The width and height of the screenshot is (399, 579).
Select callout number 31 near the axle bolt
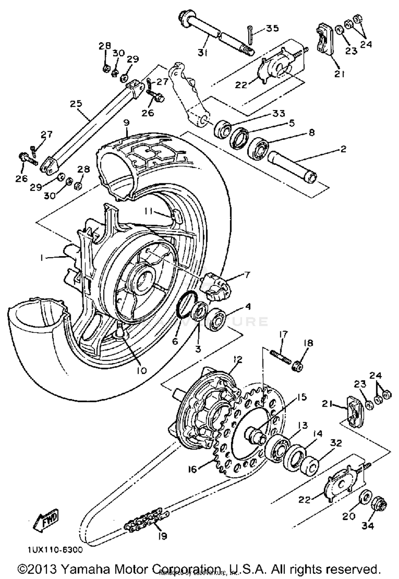point(202,53)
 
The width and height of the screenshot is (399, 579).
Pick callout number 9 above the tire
point(126,123)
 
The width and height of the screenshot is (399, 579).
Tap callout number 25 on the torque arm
point(76,104)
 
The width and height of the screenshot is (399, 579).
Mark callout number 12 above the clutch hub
point(238,360)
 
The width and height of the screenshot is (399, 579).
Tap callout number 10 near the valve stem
point(142,370)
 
